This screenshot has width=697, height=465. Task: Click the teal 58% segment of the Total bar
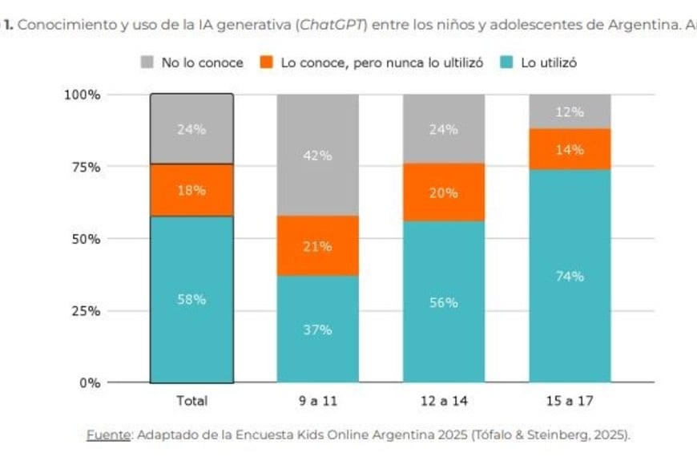(x=191, y=299)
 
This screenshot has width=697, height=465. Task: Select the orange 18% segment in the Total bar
(x=191, y=191)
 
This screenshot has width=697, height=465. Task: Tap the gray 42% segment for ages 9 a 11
(x=317, y=155)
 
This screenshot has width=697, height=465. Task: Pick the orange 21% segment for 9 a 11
(x=317, y=246)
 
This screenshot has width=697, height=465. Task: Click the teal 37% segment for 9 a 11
(x=317, y=329)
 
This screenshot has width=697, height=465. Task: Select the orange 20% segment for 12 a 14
(x=444, y=192)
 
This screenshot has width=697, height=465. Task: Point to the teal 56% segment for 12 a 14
(x=444, y=302)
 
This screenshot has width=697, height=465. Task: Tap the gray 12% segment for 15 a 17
(x=570, y=112)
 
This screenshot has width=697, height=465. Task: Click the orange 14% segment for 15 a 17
(x=570, y=150)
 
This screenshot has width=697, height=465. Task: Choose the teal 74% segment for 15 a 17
(x=570, y=277)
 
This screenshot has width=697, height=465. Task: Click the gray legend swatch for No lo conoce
(x=147, y=63)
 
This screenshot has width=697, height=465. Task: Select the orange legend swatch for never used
(x=267, y=63)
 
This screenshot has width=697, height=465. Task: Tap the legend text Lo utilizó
(x=549, y=63)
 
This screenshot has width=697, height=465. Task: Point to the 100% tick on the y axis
(x=82, y=95)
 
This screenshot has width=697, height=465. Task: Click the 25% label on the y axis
(x=85, y=311)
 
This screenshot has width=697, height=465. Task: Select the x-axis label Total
(x=191, y=401)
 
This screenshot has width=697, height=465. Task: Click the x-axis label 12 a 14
(x=444, y=401)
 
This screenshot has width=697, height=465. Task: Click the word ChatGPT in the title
(x=328, y=24)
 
